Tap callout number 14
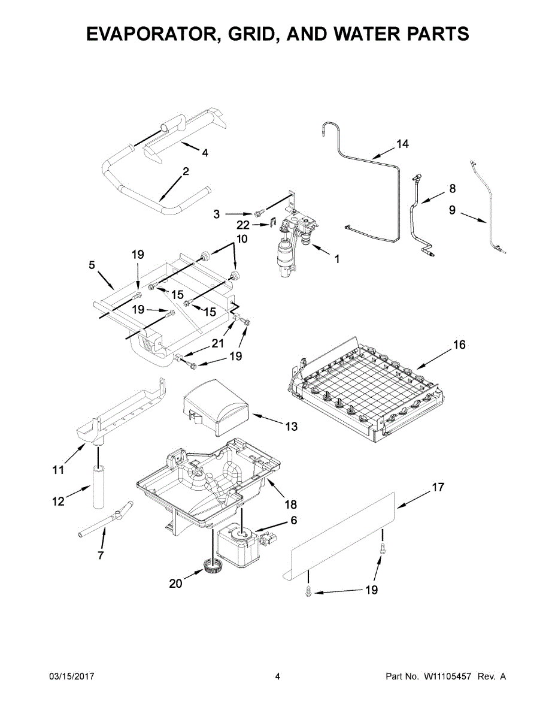pyautogui.click(x=402, y=144)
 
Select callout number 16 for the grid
pyautogui.click(x=459, y=345)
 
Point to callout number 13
pyautogui.click(x=291, y=427)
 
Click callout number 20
pyautogui.click(x=175, y=583)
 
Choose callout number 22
pyautogui.click(x=242, y=224)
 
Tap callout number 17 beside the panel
pyautogui.click(x=438, y=487)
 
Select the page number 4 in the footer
pyautogui.click(x=277, y=676)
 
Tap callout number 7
pyautogui.click(x=100, y=555)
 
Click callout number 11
pyautogui.click(x=57, y=470)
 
